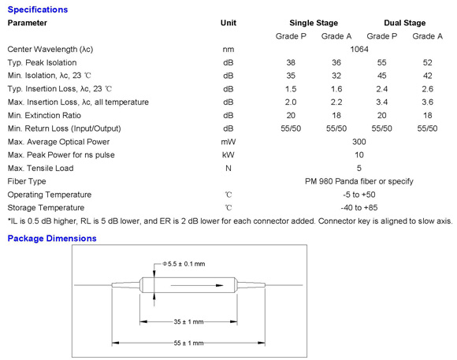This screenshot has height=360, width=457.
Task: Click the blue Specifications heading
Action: (x=38, y=9)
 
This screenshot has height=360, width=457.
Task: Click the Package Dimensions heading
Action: (x=52, y=239)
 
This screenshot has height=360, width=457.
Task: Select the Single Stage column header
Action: (x=314, y=23)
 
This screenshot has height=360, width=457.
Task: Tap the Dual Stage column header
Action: (x=404, y=23)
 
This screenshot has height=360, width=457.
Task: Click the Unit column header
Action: (x=228, y=23)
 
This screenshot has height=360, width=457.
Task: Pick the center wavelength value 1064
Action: (x=359, y=50)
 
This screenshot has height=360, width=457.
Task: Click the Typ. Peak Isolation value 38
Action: (x=291, y=62)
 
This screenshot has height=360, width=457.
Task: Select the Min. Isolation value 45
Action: (x=382, y=76)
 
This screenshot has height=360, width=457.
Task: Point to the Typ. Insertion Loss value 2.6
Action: (x=427, y=89)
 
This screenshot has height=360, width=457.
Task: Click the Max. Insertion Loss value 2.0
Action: (x=291, y=102)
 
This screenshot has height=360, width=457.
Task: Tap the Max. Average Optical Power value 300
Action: (x=359, y=142)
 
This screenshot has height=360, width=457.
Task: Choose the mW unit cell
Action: (x=228, y=142)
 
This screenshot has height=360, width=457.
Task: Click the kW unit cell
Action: (x=228, y=154)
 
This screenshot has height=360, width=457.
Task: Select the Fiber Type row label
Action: (x=27, y=181)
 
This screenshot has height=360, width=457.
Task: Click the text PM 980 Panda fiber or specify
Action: (x=359, y=181)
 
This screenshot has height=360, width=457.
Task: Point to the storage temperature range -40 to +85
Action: (x=359, y=207)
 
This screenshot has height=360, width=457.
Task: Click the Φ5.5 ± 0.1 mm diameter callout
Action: (x=184, y=264)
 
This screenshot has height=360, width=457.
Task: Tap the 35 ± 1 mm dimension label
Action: (x=188, y=322)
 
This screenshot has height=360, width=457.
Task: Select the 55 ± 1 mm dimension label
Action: (x=188, y=343)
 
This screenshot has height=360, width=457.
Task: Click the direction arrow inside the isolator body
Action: (x=197, y=285)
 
